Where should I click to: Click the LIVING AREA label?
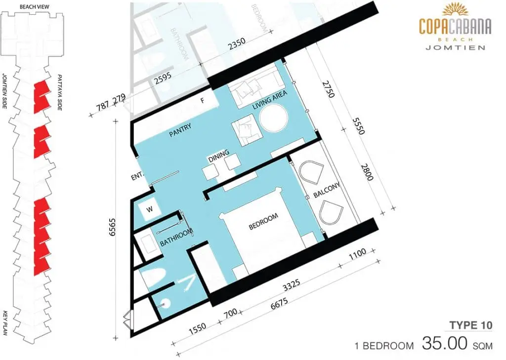pyautogui.click(x=270, y=100)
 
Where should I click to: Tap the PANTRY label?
pyautogui.click(x=180, y=130)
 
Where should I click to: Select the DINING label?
pyautogui.click(x=219, y=156)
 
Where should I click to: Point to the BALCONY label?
pyautogui.click(x=327, y=190)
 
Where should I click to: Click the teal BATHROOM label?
pyautogui.click(x=176, y=237)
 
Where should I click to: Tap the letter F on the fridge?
pyautogui.click(x=202, y=101)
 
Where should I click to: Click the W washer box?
pyautogui.click(x=149, y=209)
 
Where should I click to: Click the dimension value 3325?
pyautogui.click(x=292, y=286)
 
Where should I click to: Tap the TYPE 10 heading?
pyautogui.click(x=471, y=325)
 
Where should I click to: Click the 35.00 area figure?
pyautogui.click(x=445, y=343)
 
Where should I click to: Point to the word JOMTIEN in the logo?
pyautogui.click(x=455, y=47)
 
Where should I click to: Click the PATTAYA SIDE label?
pyautogui.click(x=59, y=92)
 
